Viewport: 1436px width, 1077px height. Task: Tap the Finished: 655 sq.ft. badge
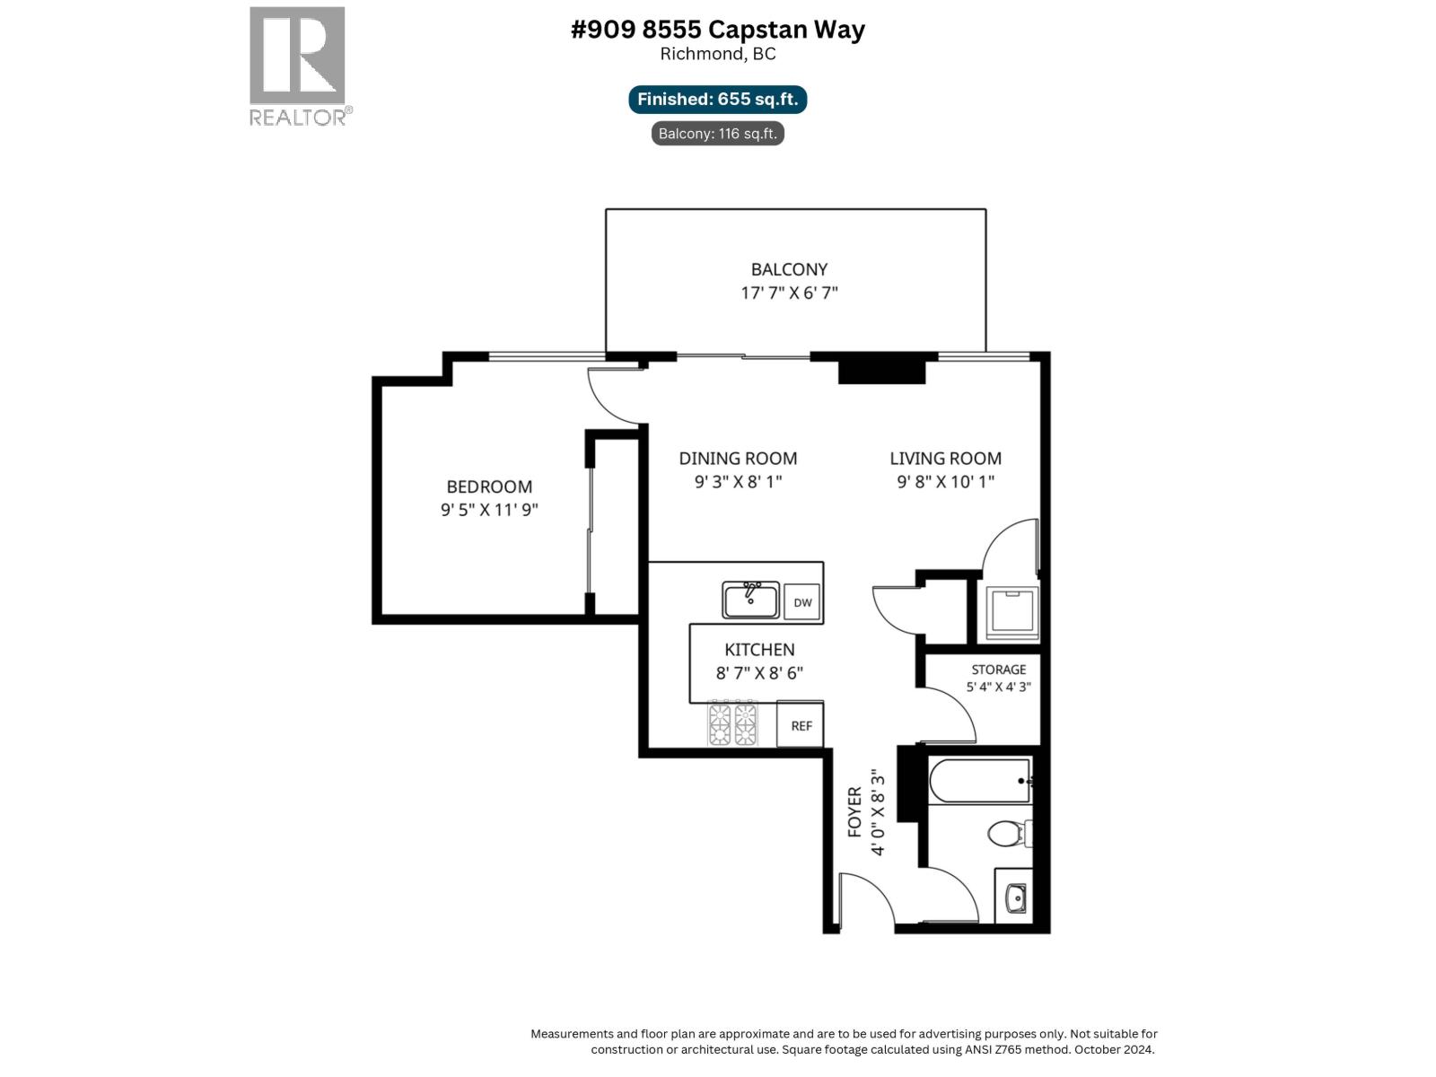pos(717,100)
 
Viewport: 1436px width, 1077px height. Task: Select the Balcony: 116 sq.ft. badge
pos(717,134)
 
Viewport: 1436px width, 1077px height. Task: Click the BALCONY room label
pos(789,269)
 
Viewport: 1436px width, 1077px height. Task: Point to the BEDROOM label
pos(489,486)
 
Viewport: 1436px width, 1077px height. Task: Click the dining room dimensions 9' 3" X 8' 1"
pos(738,481)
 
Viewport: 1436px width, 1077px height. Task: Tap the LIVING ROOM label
pos(945,458)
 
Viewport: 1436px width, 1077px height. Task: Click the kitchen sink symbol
pos(751,600)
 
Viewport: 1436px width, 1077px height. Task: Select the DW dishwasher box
pos(802,602)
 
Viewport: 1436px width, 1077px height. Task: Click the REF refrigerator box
pos(801,725)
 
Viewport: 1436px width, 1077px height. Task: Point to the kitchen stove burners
pos(733,724)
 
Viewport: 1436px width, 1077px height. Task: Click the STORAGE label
pos(998,670)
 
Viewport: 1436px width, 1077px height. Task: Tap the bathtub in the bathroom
pos(979,781)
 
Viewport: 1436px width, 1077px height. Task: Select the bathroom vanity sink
pos(1015,897)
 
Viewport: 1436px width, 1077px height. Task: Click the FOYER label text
pos(854,811)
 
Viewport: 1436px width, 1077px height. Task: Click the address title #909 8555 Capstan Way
pos(717,30)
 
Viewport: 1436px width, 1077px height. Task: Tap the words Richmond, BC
pos(717,54)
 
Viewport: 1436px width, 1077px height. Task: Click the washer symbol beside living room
pos(1011,612)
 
